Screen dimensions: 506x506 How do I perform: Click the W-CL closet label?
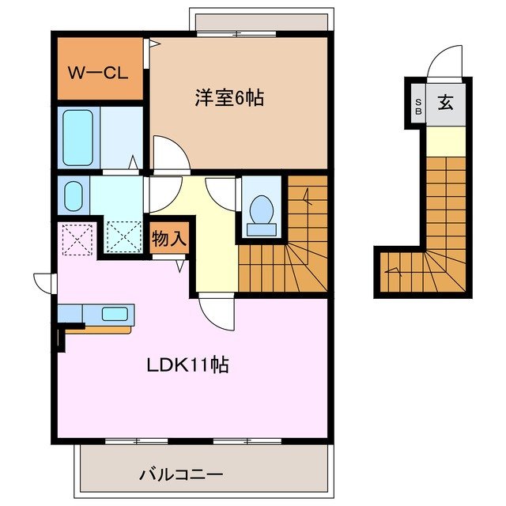point(97,74)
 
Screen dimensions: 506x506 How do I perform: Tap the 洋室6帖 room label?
point(229,99)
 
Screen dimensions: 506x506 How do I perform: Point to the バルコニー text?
point(181,474)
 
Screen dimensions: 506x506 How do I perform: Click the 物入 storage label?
point(169,238)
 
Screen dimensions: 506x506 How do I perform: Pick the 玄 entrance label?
point(446,102)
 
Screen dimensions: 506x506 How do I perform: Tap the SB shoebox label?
point(417,104)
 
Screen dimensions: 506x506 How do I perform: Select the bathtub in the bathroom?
point(77,138)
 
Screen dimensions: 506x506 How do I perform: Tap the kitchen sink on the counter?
point(115,313)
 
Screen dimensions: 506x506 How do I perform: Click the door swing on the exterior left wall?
point(44,281)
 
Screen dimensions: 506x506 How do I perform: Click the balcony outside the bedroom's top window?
point(259,22)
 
